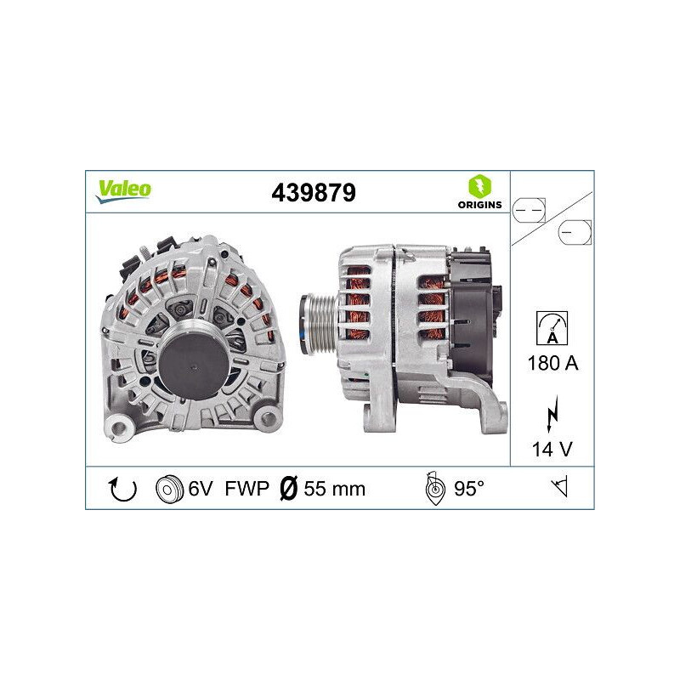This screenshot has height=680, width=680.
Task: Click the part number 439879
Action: click(313, 193)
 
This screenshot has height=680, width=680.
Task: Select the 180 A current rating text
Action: click(553, 364)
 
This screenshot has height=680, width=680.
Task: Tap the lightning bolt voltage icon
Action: click(553, 414)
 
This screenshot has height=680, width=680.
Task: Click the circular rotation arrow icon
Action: click(123, 489)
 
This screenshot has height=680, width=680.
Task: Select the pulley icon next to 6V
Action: click(170, 489)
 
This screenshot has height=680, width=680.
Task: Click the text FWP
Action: click(247, 489)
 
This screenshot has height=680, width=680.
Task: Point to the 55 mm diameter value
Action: click(335, 489)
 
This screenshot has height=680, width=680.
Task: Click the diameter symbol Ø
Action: click(288, 489)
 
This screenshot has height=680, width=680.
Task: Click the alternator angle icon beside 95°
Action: click(434, 489)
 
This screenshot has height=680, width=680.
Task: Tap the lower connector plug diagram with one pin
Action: click(575, 231)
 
